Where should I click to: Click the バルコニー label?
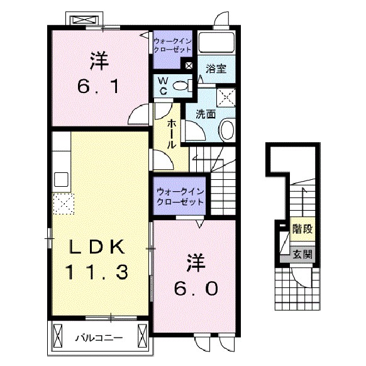pos(99,337)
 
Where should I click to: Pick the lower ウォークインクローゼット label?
pos(180,197)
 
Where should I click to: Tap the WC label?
pos(162,85)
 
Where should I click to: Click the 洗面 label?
pos(205,114)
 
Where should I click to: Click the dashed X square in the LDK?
pos(63,203)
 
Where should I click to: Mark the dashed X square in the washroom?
pos(225,96)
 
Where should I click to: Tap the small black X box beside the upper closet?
pos(189,64)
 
